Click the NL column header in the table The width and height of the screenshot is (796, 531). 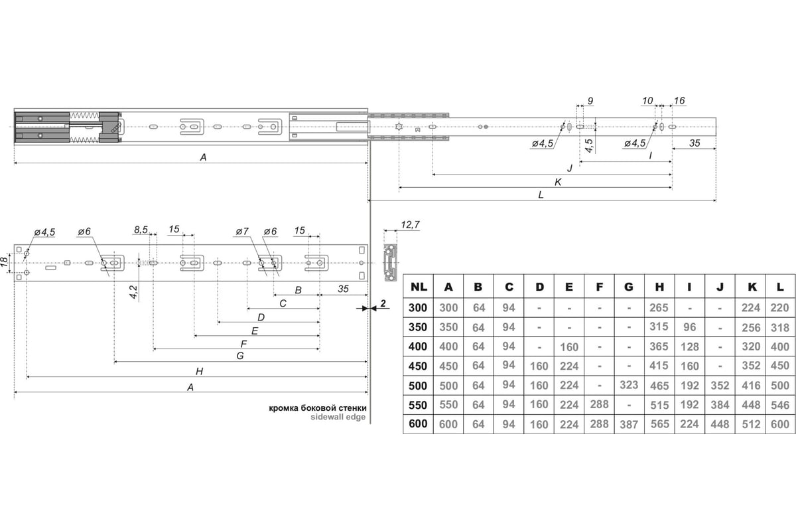(x=419, y=287)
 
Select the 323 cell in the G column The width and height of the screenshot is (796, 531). (x=629, y=385)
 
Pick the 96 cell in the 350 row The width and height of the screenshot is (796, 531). (x=689, y=327)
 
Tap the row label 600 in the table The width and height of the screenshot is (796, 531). (x=418, y=424)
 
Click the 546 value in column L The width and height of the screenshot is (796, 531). (x=779, y=405)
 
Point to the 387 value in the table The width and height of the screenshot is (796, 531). (x=629, y=424)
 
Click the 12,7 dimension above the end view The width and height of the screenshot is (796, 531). (x=410, y=225)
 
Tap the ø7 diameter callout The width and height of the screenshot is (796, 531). (x=242, y=232)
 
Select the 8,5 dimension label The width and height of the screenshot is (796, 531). (x=141, y=230)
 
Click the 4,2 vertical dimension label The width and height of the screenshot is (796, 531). (x=133, y=291)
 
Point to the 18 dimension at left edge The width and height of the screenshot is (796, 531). (x=4, y=262)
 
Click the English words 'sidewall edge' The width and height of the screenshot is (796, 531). (x=338, y=417)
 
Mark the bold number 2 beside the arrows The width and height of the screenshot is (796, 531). (x=383, y=303)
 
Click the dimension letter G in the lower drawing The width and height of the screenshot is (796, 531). (x=240, y=356)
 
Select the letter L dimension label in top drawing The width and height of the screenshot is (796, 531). (x=541, y=194)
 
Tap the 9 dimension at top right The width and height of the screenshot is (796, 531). (x=590, y=101)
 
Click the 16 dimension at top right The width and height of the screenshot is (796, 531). (x=679, y=101)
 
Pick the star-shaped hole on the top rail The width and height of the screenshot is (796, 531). (x=399, y=126)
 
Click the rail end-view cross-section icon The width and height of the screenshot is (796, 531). (x=390, y=262)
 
